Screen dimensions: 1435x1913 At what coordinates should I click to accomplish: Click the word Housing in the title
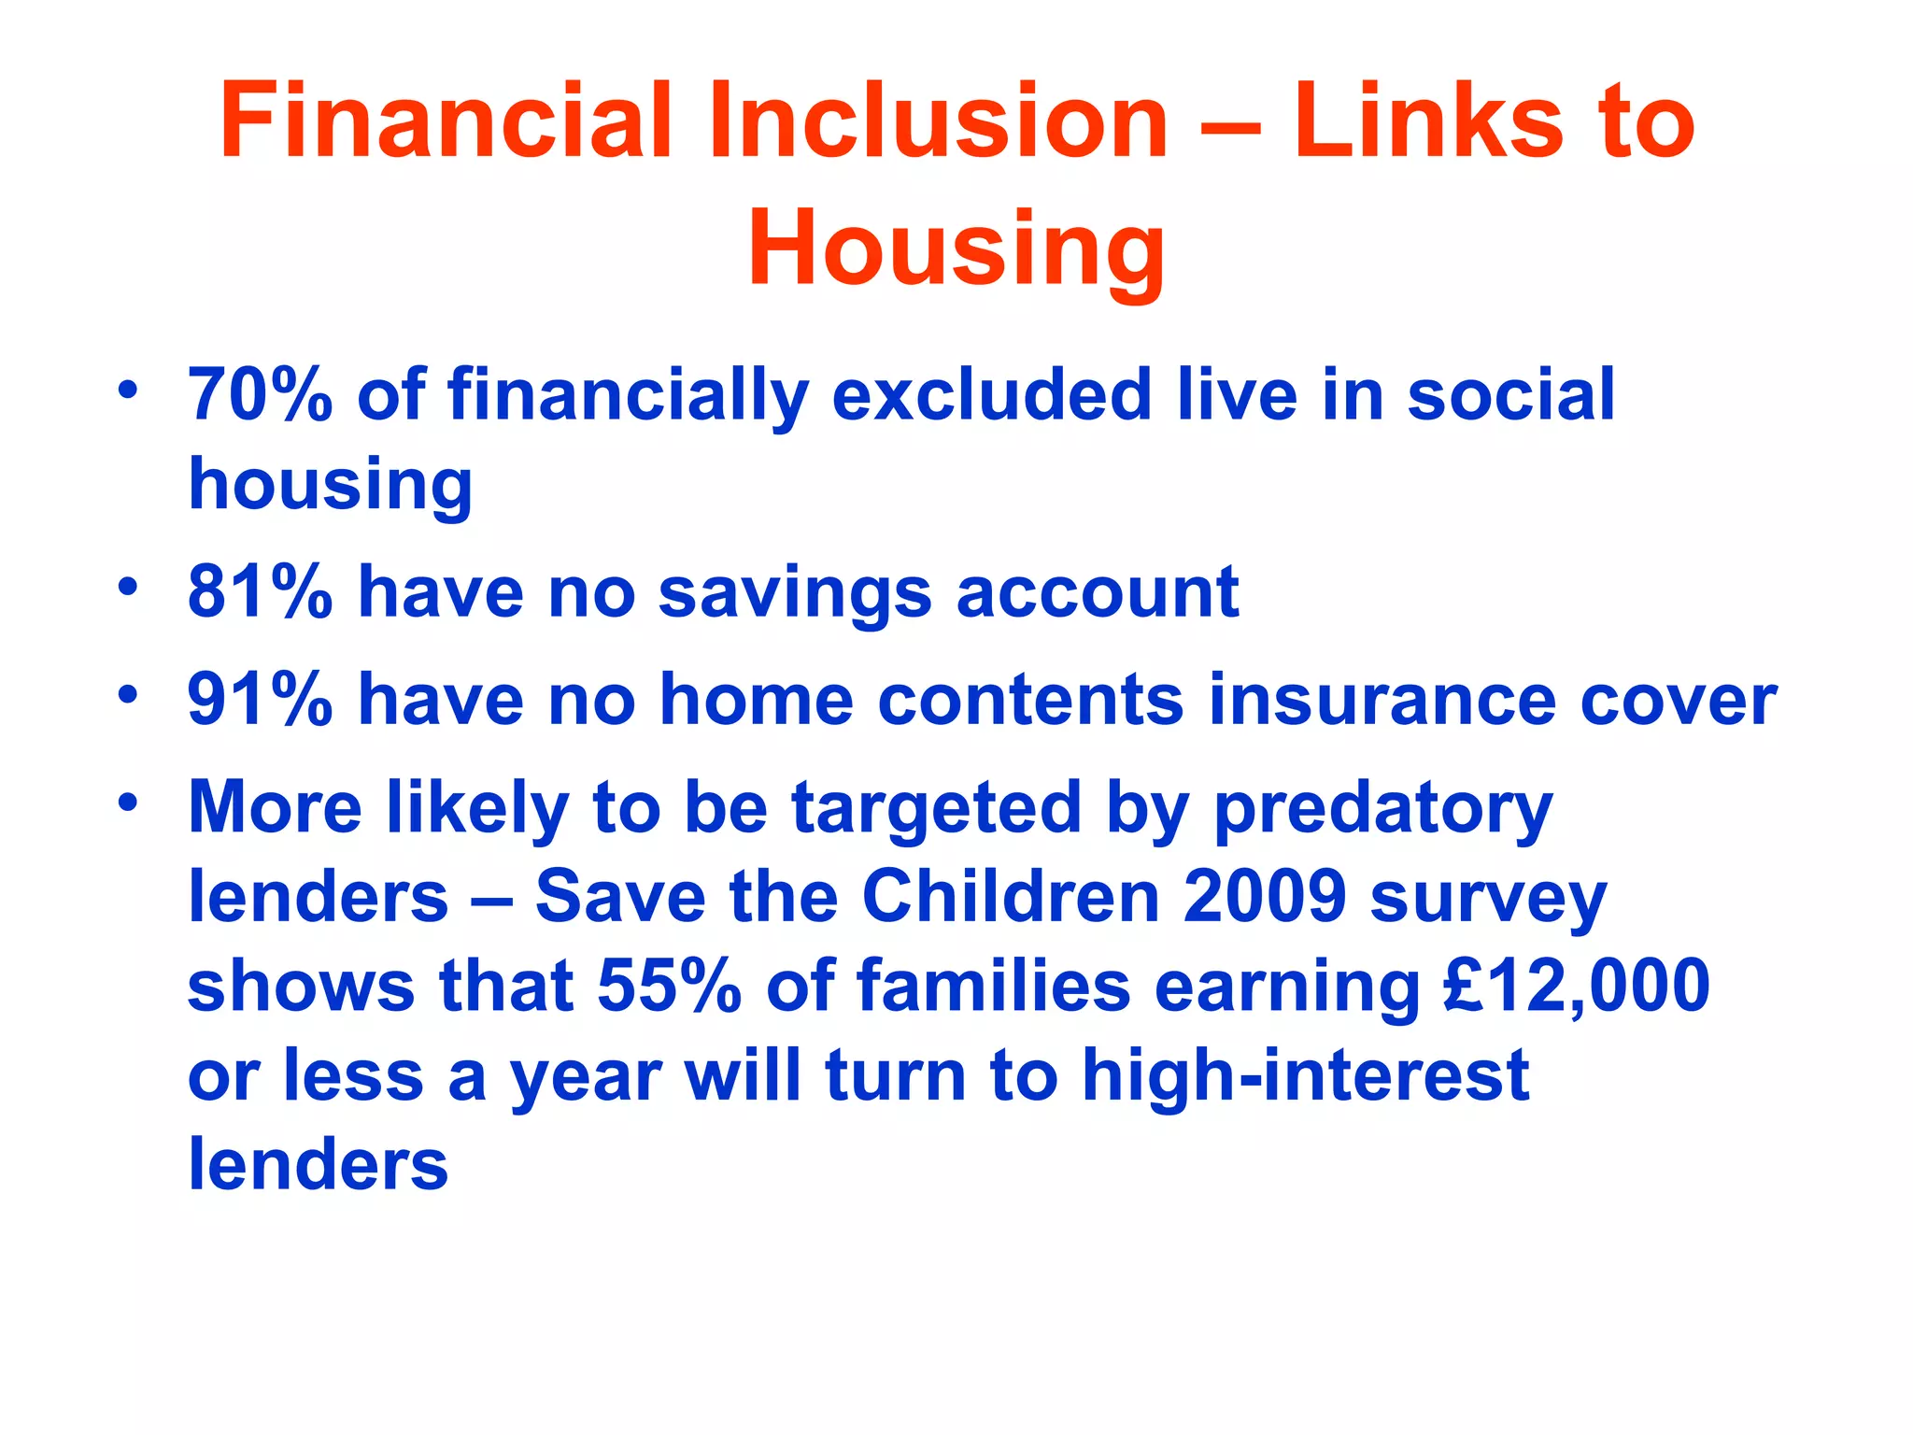(x=956, y=249)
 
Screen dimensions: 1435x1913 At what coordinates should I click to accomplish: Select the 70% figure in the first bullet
(x=260, y=395)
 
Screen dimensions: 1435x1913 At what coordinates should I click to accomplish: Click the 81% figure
(x=260, y=592)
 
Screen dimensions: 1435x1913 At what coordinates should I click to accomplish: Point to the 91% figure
(x=260, y=700)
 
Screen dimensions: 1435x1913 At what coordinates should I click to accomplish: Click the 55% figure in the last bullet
(x=669, y=987)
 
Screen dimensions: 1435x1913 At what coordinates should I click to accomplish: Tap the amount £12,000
(x=1576, y=987)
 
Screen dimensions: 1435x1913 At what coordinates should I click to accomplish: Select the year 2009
(x=1265, y=897)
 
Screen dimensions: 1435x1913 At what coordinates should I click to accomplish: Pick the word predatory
(x=1382, y=809)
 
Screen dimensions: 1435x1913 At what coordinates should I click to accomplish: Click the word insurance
(x=1382, y=700)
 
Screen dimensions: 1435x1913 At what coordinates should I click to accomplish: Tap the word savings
(x=795, y=594)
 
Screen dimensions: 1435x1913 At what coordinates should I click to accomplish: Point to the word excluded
(x=992, y=395)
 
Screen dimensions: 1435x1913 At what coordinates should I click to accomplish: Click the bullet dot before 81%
(x=128, y=587)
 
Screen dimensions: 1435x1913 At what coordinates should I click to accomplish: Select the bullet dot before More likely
(x=128, y=802)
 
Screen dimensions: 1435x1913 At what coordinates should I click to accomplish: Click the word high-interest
(x=1305, y=1076)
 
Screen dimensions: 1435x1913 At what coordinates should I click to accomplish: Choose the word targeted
(x=937, y=809)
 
